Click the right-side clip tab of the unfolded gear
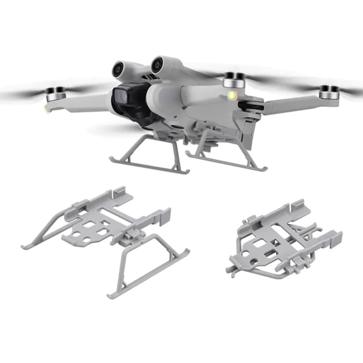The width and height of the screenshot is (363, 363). coord(163,216)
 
